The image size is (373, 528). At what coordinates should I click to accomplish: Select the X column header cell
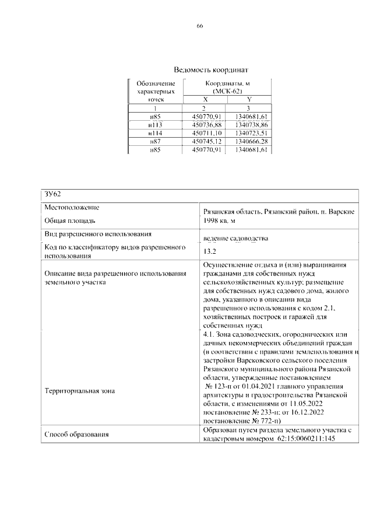[x=205, y=100]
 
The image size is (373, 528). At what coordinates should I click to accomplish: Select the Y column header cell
[x=249, y=100]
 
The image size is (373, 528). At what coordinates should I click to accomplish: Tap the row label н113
[x=155, y=125]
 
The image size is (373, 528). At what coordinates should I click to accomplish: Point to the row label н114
[x=155, y=133]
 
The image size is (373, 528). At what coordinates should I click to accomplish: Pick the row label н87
[x=155, y=142]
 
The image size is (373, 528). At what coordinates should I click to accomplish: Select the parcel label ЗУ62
[x=51, y=194]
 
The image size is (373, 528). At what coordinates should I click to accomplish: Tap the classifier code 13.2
[x=209, y=252]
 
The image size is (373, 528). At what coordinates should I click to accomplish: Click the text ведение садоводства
[x=235, y=239]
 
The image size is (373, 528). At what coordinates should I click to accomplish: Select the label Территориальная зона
[x=79, y=391]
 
